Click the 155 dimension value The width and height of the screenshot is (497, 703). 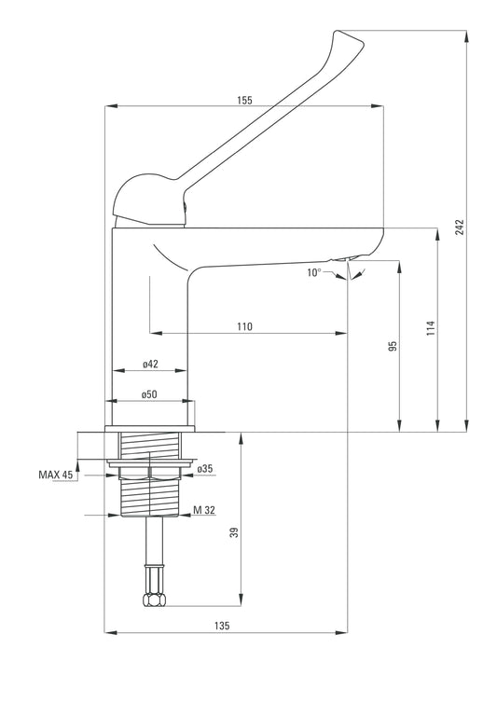click(244, 100)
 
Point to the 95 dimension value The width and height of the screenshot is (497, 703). click(393, 346)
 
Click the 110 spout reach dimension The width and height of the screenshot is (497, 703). click(244, 326)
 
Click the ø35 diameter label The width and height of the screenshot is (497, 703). click(205, 468)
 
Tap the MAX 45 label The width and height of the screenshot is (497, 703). click(55, 475)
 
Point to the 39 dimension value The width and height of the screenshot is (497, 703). click(235, 532)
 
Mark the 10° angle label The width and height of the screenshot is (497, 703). click(314, 272)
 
